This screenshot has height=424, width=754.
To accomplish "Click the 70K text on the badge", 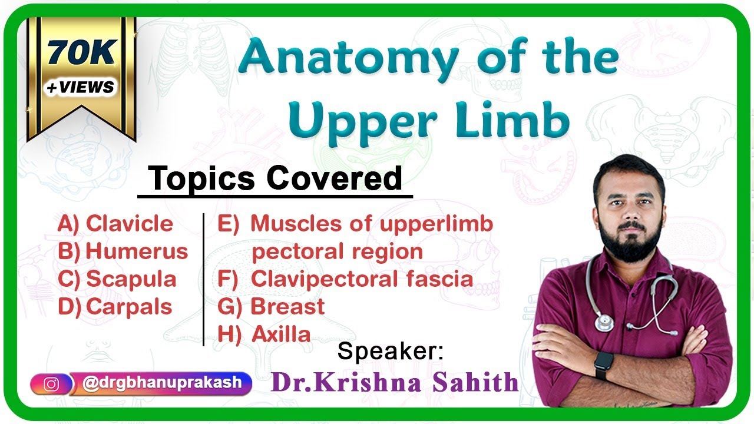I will point(81,54).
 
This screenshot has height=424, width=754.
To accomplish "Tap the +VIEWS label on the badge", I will point(81,87).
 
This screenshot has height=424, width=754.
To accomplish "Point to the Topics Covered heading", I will point(275,178).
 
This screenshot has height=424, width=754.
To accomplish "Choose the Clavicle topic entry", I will point(115,224).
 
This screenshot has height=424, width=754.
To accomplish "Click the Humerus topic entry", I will point(123,251).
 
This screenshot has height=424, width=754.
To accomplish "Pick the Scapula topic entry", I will point(117,279).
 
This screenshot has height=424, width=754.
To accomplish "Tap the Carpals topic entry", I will point(115,307).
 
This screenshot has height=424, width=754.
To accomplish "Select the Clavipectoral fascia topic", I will point(345,279).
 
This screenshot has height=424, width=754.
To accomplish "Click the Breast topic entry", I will point(271,307).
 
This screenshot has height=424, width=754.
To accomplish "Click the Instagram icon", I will point(51,384).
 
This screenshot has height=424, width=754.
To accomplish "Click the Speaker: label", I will point(390,352).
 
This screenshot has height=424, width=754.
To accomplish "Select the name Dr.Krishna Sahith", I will point(394,383).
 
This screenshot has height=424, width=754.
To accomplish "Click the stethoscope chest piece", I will point(604,322).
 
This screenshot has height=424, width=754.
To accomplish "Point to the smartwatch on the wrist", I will point(603,365).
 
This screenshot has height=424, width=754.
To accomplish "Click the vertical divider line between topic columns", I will point(203,280).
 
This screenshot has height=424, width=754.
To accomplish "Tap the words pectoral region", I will point(337,251).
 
